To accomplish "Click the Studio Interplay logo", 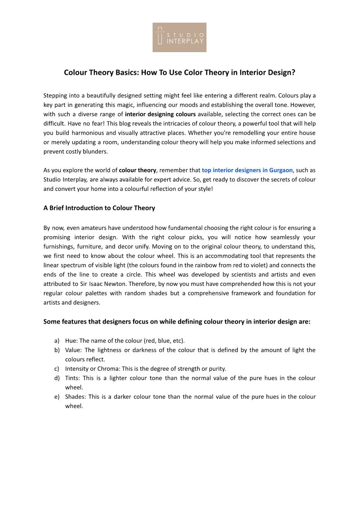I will click(x=179, y=37).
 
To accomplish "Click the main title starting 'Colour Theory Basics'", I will click(x=179, y=72).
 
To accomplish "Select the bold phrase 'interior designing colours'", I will click(x=160, y=114).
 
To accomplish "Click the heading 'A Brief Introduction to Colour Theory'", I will click(x=99, y=208).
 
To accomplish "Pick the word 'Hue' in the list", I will click(x=71, y=340).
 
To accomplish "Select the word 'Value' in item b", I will click(x=73, y=350).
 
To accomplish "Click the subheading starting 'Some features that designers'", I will click(x=177, y=321).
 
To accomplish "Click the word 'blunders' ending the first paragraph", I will click(x=95, y=151).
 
